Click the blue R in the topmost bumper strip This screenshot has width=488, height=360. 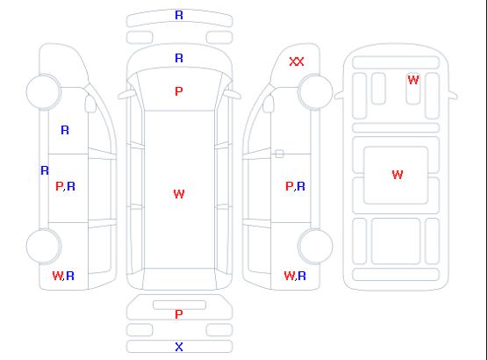[179, 15]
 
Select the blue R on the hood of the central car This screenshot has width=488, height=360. [179, 58]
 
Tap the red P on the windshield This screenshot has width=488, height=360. [179, 91]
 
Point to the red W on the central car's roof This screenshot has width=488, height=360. [179, 194]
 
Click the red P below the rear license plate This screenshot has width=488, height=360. [179, 314]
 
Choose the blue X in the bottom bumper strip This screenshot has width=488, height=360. [179, 347]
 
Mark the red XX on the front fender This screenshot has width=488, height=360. [297, 61]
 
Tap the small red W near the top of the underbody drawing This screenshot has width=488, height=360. [413, 80]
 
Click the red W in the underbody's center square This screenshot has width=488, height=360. [398, 175]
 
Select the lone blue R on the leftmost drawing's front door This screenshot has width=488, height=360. [65, 130]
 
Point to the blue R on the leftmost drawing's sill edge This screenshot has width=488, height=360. [45, 170]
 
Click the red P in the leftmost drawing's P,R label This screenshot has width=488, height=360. [59, 186]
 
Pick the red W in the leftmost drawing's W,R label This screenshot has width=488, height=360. [57, 276]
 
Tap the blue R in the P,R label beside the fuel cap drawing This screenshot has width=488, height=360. [301, 186]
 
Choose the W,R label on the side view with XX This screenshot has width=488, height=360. [295, 276]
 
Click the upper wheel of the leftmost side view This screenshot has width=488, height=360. [44, 92]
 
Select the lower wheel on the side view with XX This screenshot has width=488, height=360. [315, 246]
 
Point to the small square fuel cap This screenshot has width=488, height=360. [279, 154]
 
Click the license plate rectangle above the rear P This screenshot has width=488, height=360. [179, 305]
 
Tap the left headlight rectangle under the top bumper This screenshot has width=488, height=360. [140, 38]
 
